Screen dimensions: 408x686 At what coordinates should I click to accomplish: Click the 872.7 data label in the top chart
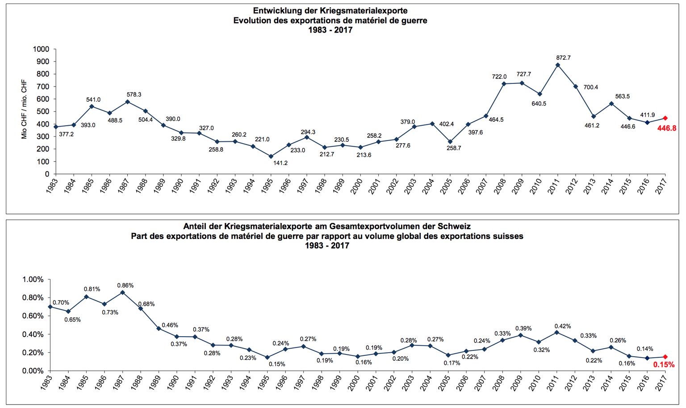point(563,58)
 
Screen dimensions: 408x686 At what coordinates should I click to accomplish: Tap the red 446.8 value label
point(667,128)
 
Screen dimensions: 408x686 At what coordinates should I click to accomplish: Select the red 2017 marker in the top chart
point(665,118)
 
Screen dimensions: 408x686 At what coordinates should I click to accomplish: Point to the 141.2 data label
point(280,163)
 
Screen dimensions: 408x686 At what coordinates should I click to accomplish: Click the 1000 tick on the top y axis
point(41,49)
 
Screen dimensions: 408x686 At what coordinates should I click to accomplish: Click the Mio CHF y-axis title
point(24,110)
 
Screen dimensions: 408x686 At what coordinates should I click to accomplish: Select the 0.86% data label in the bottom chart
point(125,285)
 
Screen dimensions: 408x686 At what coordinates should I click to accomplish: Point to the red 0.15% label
point(664,365)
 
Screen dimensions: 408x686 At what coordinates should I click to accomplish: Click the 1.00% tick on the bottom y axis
point(33,280)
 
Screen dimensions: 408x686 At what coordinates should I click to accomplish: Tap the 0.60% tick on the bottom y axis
point(33,316)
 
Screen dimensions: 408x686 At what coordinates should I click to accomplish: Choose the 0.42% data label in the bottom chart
point(562,326)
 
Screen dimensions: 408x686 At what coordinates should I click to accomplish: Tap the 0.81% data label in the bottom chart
point(92,289)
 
